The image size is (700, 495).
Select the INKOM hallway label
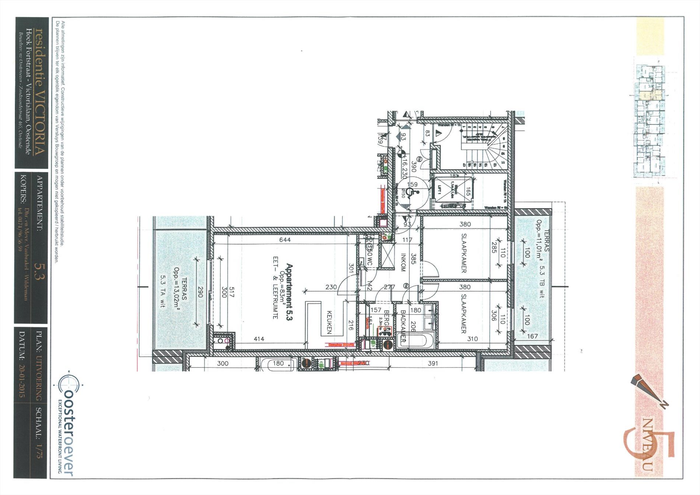pyautogui.click(x=403, y=262)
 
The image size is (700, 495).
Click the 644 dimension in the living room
pyautogui.click(x=285, y=240)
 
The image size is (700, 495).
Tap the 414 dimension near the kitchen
pyautogui.click(x=259, y=339)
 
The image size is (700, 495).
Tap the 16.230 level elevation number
pyautogui.click(x=404, y=168)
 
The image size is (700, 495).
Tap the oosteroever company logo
pyautogui.click(x=69, y=424)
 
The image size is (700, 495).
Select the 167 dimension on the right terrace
pyautogui.click(x=532, y=336)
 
